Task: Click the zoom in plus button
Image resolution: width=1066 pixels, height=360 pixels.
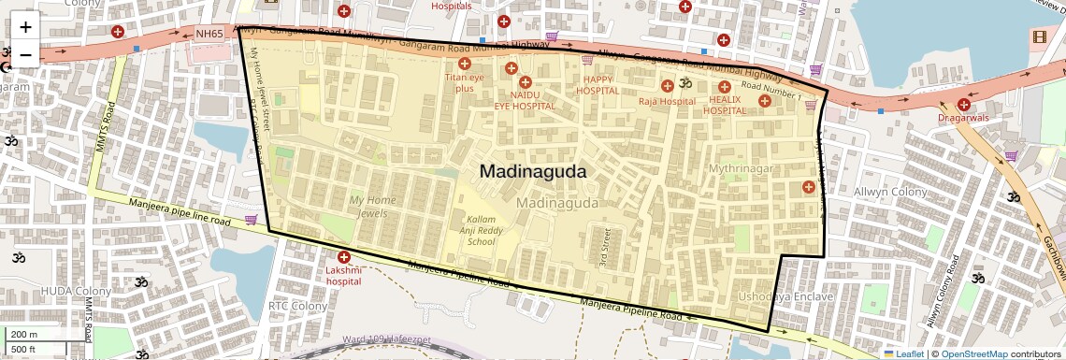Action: click(x=25, y=27)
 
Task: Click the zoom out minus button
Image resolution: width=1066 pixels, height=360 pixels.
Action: click(x=25, y=54)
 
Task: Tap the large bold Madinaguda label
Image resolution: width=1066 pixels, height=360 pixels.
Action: click(x=533, y=172)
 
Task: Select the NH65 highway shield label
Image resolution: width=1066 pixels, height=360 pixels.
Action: click(x=210, y=34)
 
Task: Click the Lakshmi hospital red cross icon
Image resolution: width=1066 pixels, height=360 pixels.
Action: click(x=344, y=257)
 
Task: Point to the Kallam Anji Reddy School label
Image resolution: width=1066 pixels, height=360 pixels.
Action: click(x=481, y=231)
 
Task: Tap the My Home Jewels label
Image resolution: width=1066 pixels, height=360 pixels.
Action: click(x=373, y=207)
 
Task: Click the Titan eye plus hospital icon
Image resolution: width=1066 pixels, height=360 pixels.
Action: click(x=464, y=64)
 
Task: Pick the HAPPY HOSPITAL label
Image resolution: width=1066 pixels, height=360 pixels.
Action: click(x=598, y=85)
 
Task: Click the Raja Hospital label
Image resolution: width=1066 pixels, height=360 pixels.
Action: click(x=667, y=101)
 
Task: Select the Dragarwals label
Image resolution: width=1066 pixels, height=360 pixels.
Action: click(x=963, y=119)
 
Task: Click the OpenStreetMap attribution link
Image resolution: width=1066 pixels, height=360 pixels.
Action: click(x=974, y=353)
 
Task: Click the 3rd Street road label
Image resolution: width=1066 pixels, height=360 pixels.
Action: click(x=605, y=244)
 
